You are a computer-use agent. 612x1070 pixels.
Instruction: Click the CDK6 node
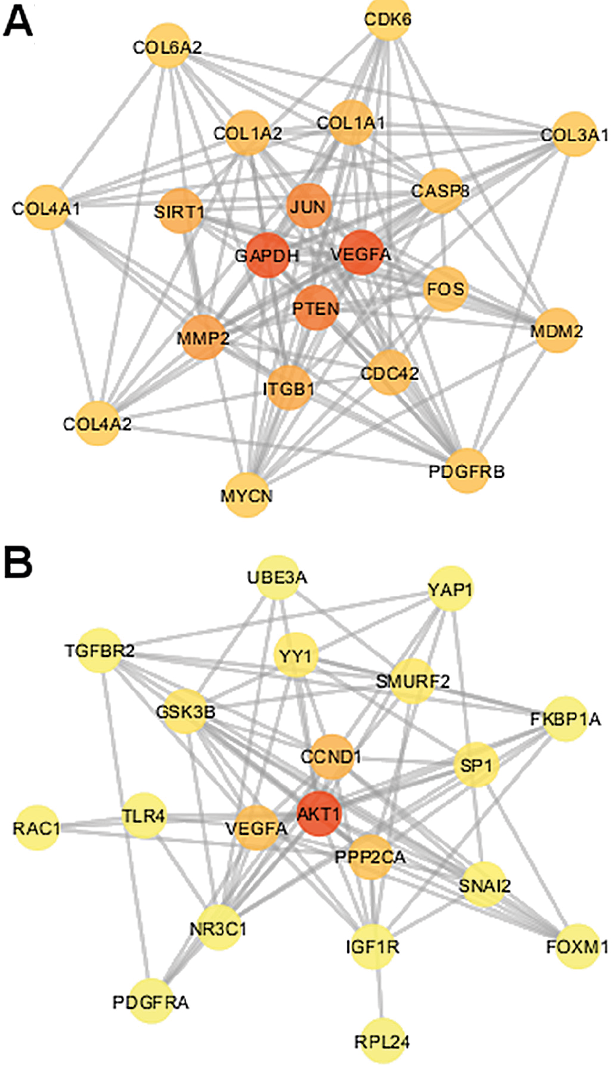coord(387,19)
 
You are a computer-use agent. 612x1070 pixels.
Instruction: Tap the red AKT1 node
coord(319,814)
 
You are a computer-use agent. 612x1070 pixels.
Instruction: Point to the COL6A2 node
coord(168,46)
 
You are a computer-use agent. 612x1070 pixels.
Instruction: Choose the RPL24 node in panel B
coord(382,1041)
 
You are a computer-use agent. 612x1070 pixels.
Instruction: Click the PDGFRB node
coord(466,472)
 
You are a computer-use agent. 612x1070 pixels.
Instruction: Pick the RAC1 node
coord(36,827)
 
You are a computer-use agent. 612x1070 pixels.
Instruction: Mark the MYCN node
coord(247,495)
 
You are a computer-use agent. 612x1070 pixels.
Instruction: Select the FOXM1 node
coord(577,946)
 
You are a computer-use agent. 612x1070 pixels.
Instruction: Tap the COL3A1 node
coord(574,134)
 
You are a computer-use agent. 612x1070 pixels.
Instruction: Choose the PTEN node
coord(316,307)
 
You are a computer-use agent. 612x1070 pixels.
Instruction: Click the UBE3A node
coord(277,577)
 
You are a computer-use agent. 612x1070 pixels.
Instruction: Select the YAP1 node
coord(450,589)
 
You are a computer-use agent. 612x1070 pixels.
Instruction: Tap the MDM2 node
coord(556,331)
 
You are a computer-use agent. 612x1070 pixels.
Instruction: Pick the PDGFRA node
coord(151,1001)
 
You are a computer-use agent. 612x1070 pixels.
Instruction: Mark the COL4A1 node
coord(46,208)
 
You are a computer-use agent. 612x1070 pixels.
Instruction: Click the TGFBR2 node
coord(99,650)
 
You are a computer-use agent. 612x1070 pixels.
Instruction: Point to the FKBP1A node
coord(565,719)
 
